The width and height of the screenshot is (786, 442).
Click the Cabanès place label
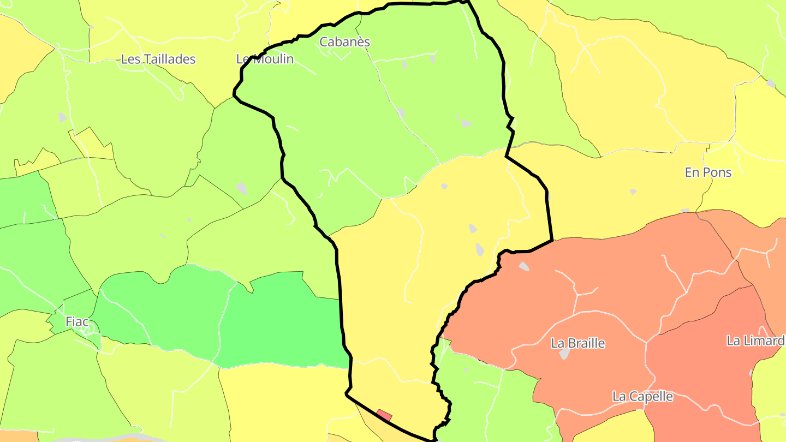pyautogui.click(x=344, y=42)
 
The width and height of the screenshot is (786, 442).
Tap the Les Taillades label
pyautogui.click(x=158, y=59)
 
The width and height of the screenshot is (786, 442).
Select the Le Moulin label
pyautogui.click(x=265, y=59)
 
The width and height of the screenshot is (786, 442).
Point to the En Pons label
pyautogui.click(x=708, y=172)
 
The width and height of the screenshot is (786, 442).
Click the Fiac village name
pyautogui.click(x=77, y=322)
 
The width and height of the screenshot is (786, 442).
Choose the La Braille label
pyautogui.click(x=578, y=343)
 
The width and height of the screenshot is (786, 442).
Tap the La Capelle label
pyautogui.click(x=642, y=396)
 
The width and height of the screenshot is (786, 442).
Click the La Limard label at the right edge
pyautogui.click(x=755, y=341)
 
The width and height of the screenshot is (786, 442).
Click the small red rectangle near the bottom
pyautogui.click(x=384, y=415)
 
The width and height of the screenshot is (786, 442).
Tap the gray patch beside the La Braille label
pyautogui.click(x=564, y=354)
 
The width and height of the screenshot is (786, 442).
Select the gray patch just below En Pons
pyautogui.click(x=633, y=192)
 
